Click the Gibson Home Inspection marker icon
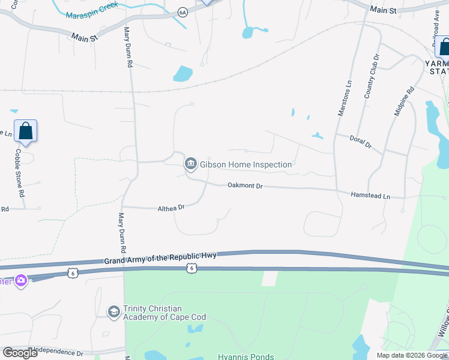191,163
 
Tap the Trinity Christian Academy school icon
113,312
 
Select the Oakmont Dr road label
245,186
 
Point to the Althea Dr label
170,208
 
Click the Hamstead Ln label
370,196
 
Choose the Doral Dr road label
361,142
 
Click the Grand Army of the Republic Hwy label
160,258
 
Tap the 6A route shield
183,12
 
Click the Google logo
20,353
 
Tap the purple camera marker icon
21,281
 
